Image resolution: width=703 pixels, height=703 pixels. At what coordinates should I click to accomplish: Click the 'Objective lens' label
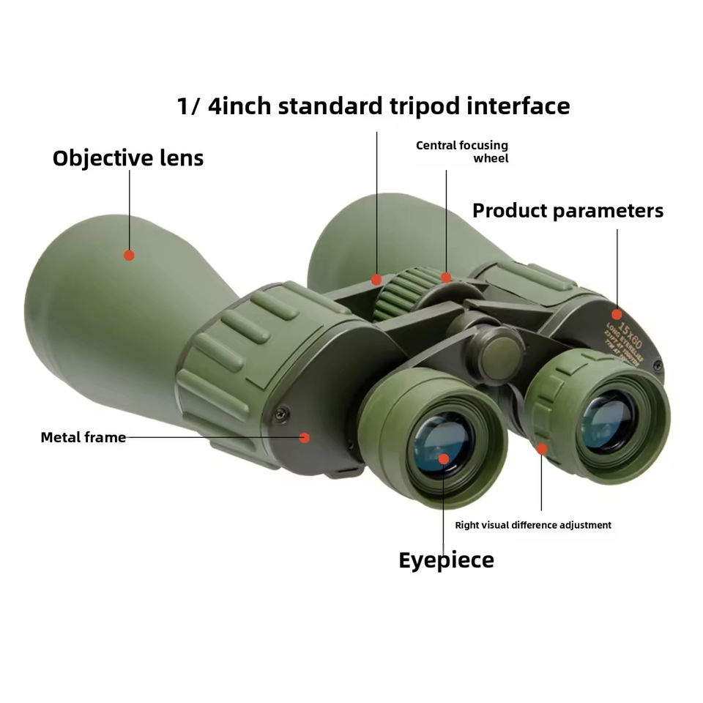pos(128,158)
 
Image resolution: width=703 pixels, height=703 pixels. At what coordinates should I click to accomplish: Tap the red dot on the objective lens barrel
pos(129,255)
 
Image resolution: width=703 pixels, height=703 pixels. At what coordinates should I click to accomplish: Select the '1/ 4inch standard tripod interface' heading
pos(373,106)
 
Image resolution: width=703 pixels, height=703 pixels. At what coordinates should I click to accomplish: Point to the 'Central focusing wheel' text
pos(462,152)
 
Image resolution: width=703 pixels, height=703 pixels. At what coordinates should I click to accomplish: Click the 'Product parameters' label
pos(568,211)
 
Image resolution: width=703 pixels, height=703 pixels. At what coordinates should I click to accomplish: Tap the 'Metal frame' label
pos(83,437)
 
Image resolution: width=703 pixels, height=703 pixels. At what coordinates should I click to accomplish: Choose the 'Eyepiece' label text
pos(446,560)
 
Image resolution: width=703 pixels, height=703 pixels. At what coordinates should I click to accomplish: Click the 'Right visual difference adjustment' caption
pos(533,525)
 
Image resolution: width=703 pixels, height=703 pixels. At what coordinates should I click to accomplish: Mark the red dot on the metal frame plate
pos(305,437)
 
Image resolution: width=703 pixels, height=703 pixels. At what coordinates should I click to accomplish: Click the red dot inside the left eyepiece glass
pos(444,459)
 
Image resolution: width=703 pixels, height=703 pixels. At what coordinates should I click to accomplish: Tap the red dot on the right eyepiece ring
pos(541,448)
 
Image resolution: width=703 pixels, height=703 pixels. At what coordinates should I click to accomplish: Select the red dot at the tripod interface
pos(376,279)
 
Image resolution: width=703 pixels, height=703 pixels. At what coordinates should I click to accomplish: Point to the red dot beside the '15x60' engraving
pos(617,313)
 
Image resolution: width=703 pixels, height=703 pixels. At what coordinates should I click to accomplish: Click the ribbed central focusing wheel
pos(401,297)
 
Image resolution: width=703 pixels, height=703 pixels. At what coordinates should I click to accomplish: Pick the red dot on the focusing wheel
pos(446,277)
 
